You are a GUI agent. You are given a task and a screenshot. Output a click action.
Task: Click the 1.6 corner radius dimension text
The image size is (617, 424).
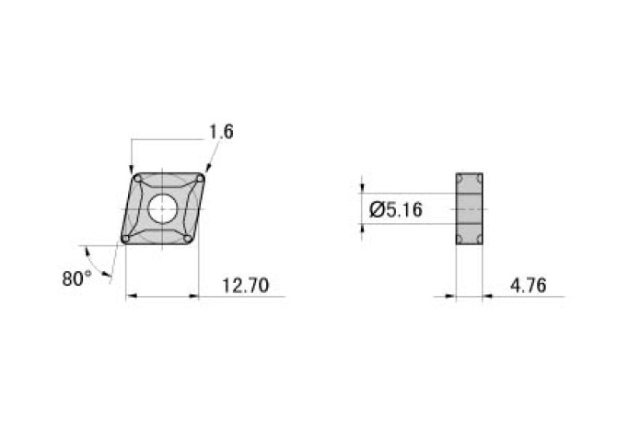221,132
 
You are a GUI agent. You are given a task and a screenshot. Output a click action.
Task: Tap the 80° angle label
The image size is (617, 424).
76,277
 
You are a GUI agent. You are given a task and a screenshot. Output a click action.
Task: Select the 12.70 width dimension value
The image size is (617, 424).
245,286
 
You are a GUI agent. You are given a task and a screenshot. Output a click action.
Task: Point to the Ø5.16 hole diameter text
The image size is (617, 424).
395,210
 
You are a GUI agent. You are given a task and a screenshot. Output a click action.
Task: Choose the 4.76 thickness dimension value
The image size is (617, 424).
528,286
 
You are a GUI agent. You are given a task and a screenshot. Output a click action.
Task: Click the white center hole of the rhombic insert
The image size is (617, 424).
163,208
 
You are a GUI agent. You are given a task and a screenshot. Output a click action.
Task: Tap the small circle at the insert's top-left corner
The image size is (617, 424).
137,177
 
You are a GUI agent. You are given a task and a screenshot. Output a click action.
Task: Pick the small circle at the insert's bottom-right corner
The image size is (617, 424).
189,240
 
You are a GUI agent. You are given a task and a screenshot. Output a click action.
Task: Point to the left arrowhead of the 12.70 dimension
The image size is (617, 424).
130,296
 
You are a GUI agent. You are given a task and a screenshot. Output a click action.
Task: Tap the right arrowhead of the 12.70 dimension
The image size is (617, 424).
195,296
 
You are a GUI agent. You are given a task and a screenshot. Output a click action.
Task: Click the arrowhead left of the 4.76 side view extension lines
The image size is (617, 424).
450,296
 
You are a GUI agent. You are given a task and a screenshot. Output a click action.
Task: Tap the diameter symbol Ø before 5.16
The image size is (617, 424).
376,210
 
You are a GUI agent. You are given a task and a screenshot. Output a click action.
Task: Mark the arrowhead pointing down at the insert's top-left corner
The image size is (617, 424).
132,168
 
